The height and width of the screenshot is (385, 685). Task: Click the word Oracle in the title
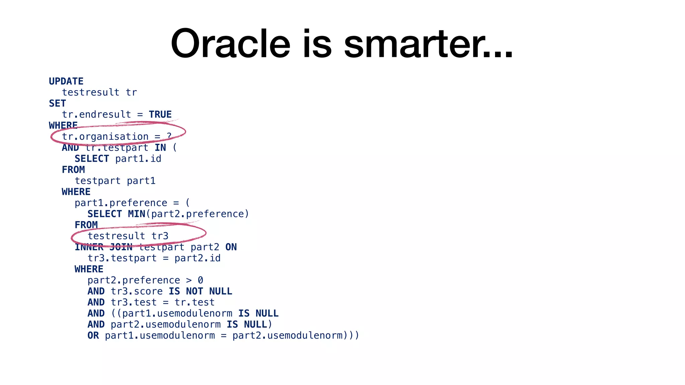click(230, 44)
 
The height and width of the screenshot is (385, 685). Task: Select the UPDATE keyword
click(66, 81)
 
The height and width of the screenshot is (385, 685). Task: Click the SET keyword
click(57, 103)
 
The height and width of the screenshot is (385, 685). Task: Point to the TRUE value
click(160, 114)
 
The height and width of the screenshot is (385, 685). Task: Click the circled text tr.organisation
click(105, 136)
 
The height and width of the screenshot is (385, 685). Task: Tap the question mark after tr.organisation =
click(169, 136)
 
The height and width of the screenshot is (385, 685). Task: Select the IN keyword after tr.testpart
click(160, 147)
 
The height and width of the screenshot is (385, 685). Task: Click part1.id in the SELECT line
click(138, 158)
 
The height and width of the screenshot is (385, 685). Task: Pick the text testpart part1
click(115, 181)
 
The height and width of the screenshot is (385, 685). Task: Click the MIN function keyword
click(136, 214)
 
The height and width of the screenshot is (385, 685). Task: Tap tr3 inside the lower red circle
click(160, 236)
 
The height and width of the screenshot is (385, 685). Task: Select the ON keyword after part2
click(231, 247)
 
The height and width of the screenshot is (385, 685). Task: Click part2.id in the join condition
click(197, 258)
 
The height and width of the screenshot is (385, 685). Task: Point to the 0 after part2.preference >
click(200, 280)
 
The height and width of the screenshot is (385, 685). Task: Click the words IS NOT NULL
click(200, 291)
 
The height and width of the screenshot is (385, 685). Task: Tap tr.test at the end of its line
click(194, 302)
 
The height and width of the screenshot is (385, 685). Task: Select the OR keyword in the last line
click(93, 335)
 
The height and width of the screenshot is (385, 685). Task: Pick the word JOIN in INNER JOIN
click(121, 247)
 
